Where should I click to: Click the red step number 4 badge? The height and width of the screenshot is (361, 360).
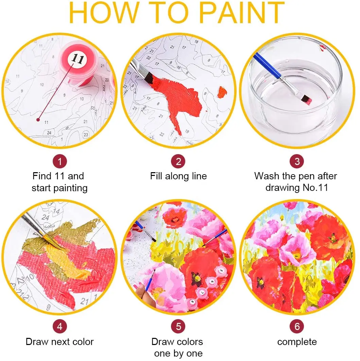[59, 327]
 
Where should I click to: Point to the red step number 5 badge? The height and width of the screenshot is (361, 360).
[178, 327]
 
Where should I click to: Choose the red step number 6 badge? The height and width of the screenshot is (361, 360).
[297, 327]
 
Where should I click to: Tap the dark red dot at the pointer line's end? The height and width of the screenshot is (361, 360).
[38, 119]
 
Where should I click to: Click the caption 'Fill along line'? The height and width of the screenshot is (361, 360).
[178, 176]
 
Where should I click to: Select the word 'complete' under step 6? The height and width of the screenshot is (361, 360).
[297, 342]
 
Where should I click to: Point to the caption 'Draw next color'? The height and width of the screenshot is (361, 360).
[59, 342]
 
